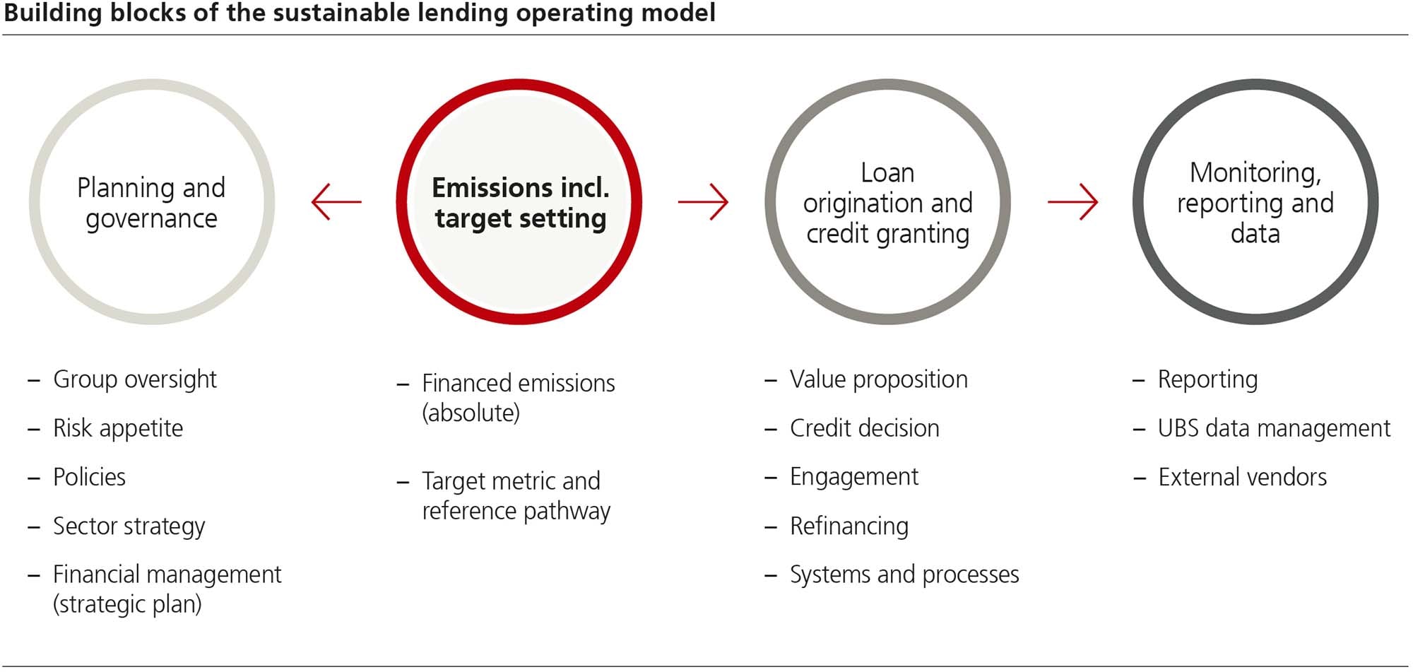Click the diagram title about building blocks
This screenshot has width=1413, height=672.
tap(360, 13)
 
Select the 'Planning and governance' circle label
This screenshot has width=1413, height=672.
tap(151, 203)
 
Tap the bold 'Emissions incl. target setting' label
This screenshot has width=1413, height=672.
tap(520, 203)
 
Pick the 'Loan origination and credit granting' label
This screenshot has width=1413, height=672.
tap(888, 203)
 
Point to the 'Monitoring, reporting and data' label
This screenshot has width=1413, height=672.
tap(1255, 203)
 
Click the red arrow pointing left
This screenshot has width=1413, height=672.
tap(336, 202)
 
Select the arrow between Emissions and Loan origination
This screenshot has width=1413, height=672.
tap(703, 202)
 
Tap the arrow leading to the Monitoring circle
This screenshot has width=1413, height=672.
tap(1072, 202)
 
